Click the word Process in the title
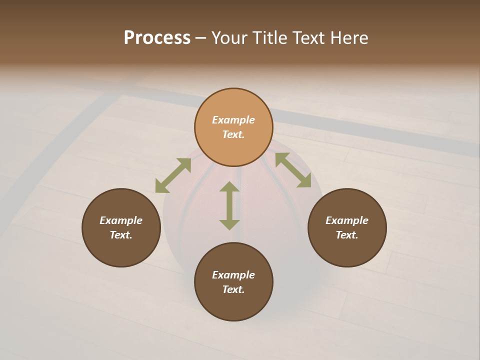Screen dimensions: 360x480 [157, 38]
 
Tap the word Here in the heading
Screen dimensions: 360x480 [349, 38]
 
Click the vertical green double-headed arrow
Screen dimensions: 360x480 [229, 205]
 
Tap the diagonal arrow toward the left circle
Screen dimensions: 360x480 [173, 175]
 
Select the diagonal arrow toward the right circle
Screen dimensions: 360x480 [293, 170]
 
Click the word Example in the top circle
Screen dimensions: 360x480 [233, 120]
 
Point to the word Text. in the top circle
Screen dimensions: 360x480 [233, 134]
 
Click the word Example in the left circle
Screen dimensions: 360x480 [121, 220]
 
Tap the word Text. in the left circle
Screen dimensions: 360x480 [121, 235]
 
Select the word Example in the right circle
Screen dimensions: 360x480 [347, 220]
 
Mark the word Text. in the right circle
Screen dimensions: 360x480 [347, 235]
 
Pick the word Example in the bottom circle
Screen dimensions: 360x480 [233, 275]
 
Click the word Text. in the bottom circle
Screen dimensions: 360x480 [233, 289]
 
